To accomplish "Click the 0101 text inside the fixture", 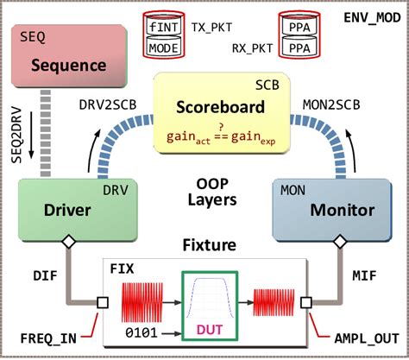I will pyautogui.click(x=142, y=332).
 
